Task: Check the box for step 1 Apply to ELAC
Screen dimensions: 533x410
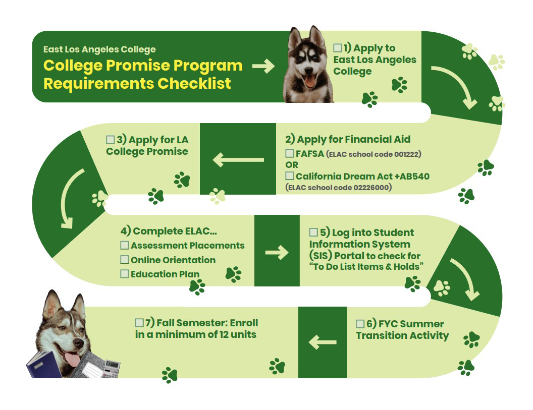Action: pos(337,48)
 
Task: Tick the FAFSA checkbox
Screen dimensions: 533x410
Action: pos(290,153)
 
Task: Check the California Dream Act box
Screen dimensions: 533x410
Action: pos(290,176)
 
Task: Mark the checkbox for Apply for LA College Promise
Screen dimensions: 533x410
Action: pos(111,140)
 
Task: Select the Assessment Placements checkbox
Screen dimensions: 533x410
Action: pos(125,245)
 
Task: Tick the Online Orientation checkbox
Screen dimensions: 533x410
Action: pos(125,260)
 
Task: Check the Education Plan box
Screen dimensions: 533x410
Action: pos(125,274)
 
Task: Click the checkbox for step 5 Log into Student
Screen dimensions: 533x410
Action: pos(313,232)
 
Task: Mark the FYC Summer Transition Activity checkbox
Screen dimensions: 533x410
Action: pos(360,324)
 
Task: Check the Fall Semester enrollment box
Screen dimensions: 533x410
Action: pos(139,322)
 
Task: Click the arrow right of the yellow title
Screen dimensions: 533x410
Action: pos(263,66)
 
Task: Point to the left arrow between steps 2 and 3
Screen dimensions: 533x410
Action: pos(238,160)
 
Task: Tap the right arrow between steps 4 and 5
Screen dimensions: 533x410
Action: pos(277,252)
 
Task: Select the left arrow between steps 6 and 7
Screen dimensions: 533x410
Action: pos(323,342)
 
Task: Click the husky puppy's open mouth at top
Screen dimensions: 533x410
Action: pos(310,81)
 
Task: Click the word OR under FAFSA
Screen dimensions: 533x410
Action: pos(292,165)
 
